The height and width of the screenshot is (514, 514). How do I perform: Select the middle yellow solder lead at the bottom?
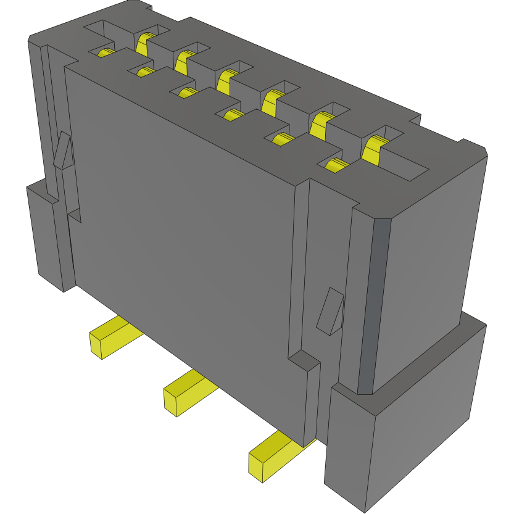[185, 392]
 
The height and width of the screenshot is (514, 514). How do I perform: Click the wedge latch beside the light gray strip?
[330, 312]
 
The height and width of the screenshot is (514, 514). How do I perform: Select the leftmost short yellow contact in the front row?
[106, 53]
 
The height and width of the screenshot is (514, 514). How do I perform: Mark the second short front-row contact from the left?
[146, 73]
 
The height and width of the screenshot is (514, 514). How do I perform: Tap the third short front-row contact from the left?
[187, 93]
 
